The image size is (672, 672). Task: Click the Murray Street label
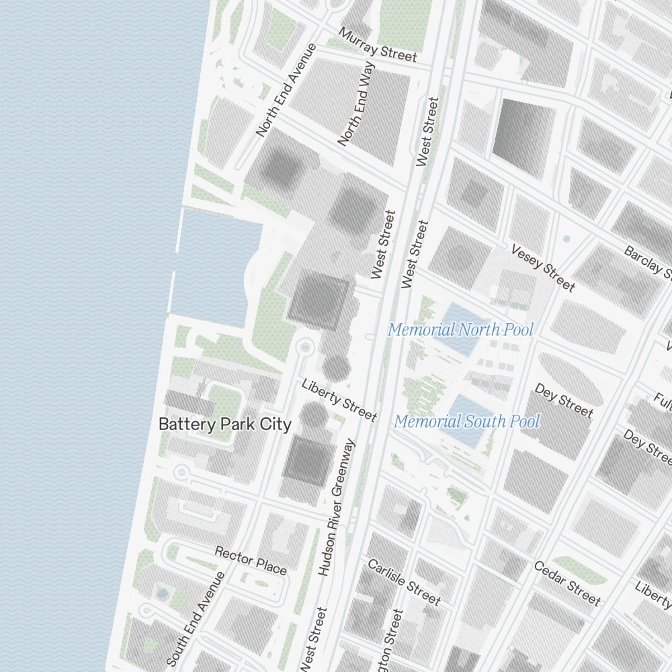378,45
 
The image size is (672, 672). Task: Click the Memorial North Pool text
460,330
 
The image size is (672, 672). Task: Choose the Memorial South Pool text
466,422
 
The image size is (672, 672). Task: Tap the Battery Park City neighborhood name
224,425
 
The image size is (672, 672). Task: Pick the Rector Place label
251,560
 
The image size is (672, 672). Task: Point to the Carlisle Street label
404,582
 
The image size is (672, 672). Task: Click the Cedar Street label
567,583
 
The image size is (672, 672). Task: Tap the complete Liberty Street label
339,401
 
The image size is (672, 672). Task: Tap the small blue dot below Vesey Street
566,239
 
